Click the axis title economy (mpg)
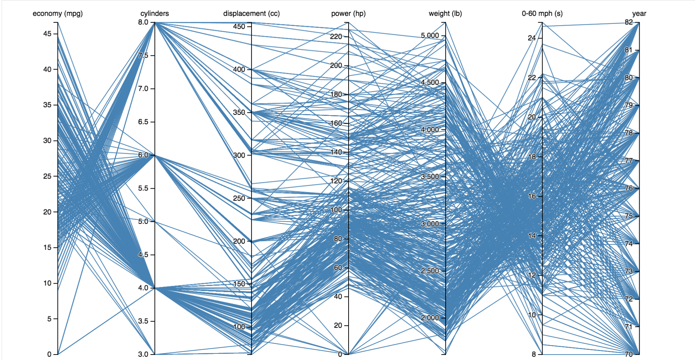pyautogui.click(x=58, y=13)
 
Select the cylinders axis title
pyautogui.click(x=155, y=13)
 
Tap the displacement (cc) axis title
pyautogui.click(x=251, y=13)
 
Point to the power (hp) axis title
pyautogui.click(x=348, y=13)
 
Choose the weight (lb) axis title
pyautogui.click(x=445, y=13)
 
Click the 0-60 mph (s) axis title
pyautogui.click(x=542, y=13)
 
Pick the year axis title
pyautogui.click(x=639, y=13)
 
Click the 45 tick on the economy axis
pyautogui.click(x=47, y=34)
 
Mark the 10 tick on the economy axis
pyautogui.click(x=47, y=283)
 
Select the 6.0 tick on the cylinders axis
pyautogui.click(x=143, y=155)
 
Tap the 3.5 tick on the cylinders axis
pyautogui.click(x=143, y=321)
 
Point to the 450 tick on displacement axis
pyautogui.click(x=239, y=26)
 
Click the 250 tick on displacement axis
pyautogui.click(x=239, y=198)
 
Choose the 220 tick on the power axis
pyautogui.click(x=336, y=37)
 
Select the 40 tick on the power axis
pyautogui.click(x=338, y=297)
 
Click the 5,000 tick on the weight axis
pyautogui.click(x=430, y=35)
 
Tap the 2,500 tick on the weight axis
pyautogui.click(x=430, y=271)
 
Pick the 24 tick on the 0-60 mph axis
pyautogui.click(x=532, y=38)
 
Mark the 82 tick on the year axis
pyautogui.click(x=629, y=22)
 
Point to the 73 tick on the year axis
pyautogui.click(x=629, y=271)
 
